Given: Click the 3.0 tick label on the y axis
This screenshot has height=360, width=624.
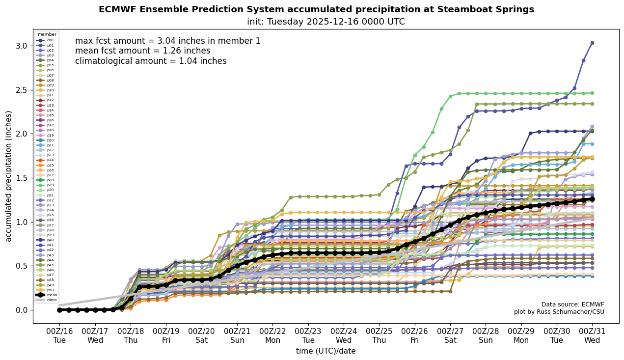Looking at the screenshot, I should [22, 46].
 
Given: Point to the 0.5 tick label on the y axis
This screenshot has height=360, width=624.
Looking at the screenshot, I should [22, 266].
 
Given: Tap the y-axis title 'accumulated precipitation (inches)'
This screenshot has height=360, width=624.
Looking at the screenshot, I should [9, 176].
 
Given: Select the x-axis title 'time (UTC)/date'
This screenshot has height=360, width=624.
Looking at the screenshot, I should [326, 351].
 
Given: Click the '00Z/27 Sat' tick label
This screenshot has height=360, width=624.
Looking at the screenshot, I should [450, 335].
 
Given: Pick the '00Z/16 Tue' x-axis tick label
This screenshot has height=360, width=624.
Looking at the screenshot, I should [59, 335].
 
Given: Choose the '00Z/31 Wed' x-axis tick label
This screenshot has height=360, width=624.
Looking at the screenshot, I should [592, 335].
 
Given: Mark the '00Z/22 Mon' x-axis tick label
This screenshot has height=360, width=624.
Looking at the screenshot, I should [272, 335].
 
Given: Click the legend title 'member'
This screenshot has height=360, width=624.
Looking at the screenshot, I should [47, 34].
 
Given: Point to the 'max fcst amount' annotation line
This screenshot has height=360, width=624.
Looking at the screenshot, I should [167, 41].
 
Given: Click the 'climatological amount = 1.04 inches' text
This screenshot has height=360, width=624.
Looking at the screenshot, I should [151, 61].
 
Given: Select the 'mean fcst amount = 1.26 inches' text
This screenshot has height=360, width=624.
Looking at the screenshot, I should [142, 51].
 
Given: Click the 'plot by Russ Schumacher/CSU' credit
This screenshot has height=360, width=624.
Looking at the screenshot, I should [559, 312].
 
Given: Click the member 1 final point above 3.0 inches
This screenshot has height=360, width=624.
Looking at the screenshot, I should [592, 43].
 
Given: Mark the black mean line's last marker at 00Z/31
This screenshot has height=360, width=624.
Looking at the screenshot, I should [592, 199].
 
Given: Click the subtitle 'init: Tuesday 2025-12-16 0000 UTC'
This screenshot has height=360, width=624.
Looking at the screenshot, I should [326, 22].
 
